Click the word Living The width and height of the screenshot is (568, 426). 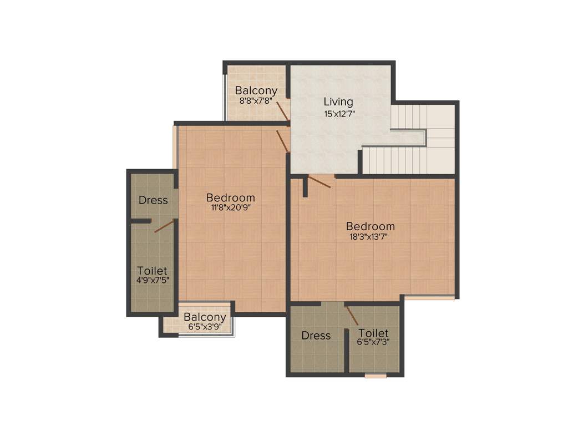pyautogui.click(x=338, y=102)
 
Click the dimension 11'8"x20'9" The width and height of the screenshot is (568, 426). pyautogui.click(x=230, y=208)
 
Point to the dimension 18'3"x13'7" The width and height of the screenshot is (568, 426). pyautogui.click(x=371, y=237)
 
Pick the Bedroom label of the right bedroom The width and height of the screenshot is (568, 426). pyautogui.click(x=371, y=226)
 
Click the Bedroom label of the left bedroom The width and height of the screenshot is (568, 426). pyautogui.click(x=230, y=197)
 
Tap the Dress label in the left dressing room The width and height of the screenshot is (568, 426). pyautogui.click(x=153, y=200)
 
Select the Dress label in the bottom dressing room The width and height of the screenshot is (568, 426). pyautogui.click(x=316, y=336)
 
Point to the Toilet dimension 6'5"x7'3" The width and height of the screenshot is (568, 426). pyautogui.click(x=373, y=342)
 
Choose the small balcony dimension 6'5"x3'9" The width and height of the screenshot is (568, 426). pyautogui.click(x=205, y=327)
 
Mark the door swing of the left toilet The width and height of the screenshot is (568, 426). pyautogui.click(x=164, y=226)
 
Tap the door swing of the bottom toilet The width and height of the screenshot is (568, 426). pyautogui.click(x=352, y=316)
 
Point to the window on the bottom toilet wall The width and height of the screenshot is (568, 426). pyautogui.click(x=376, y=376)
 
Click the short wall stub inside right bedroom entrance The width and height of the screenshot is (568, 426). pyautogui.click(x=305, y=187)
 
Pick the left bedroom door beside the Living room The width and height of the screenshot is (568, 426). pyautogui.click(x=282, y=140)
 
